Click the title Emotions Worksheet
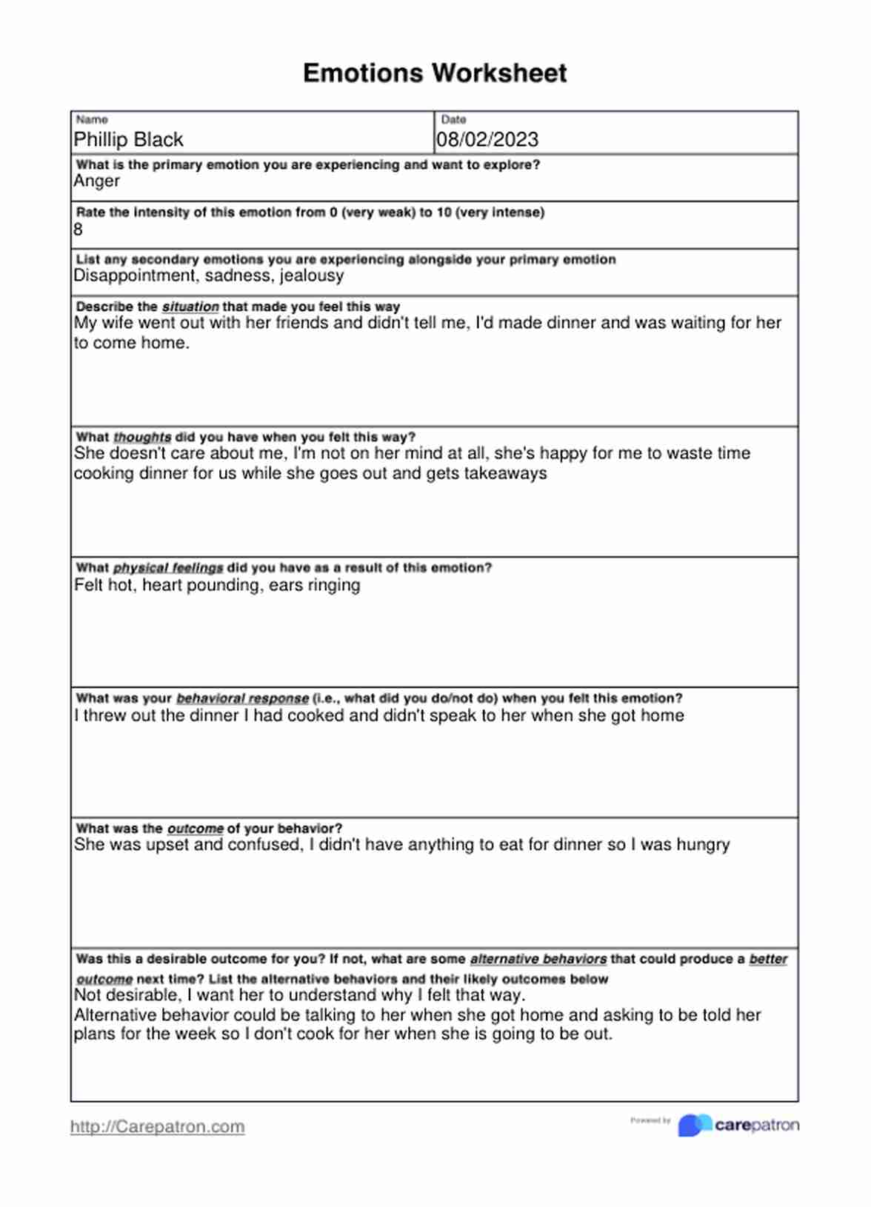(435, 73)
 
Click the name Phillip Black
(128, 140)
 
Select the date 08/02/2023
(487, 140)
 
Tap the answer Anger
(97, 181)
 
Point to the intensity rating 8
(79, 230)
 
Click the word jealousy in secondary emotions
(312, 276)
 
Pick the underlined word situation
(190, 307)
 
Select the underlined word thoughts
(142, 438)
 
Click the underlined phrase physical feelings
(168, 568)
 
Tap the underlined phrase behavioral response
(242, 698)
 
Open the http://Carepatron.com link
(158, 1127)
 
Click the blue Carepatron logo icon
(694, 1126)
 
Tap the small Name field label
(92, 120)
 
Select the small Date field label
(453, 120)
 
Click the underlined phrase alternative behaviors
(538, 960)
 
